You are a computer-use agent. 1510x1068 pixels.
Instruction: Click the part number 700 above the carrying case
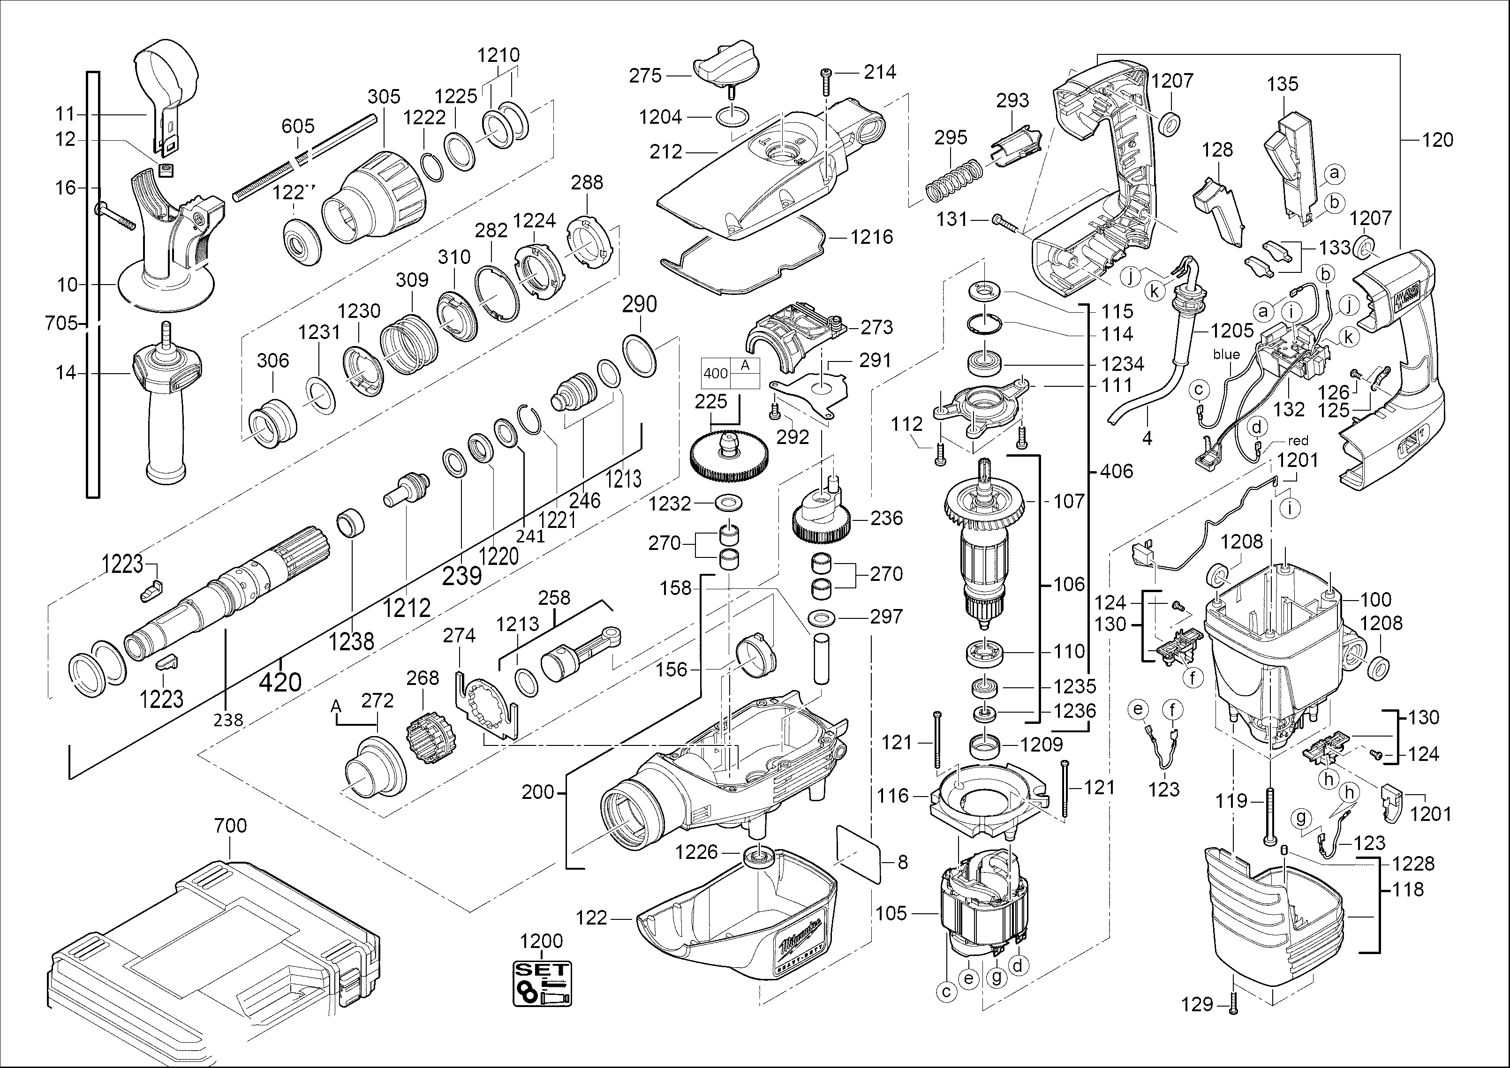[x=230, y=825]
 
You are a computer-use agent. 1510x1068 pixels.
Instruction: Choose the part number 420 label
[x=280, y=682]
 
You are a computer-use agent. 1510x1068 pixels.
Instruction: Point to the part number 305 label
[x=384, y=97]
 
